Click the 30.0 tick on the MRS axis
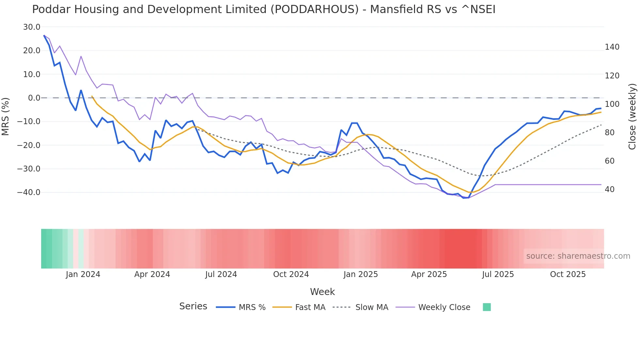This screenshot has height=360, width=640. (x=31, y=27)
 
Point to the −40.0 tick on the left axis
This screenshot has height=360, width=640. (x=29, y=192)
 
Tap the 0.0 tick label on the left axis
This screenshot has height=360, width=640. (x=34, y=98)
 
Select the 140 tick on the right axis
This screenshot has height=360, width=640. (x=612, y=47)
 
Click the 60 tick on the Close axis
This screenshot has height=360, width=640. (x=610, y=161)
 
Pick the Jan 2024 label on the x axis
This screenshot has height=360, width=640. (x=83, y=274)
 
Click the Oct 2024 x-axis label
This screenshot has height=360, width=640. (x=291, y=274)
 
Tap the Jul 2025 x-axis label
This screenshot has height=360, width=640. (x=498, y=274)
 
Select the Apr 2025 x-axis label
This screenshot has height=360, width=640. (x=429, y=274)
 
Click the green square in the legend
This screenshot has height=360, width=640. (x=487, y=307)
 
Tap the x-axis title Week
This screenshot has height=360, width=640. (x=322, y=292)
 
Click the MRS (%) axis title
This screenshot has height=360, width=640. (x=6, y=116)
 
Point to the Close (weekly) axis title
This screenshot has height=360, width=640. (x=632, y=116)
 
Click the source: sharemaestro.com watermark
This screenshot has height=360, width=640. (x=578, y=256)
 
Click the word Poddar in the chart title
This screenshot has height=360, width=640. (x=51, y=9)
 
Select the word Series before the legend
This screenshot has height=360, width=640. (x=193, y=306)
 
